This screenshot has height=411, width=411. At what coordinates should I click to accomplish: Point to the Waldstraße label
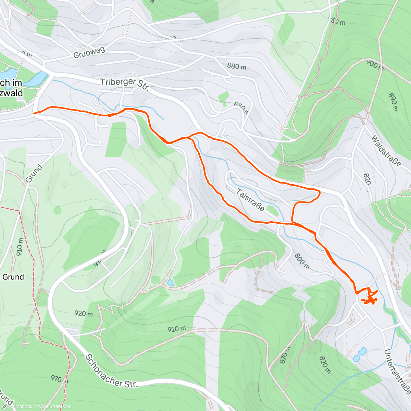coord(386,151)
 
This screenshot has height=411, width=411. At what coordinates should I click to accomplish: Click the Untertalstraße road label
coord(397,372)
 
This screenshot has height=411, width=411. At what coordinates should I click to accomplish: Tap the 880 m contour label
coord(237,66)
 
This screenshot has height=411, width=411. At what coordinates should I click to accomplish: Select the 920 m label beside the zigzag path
coord(84,313)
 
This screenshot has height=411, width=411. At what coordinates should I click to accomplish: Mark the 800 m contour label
coord(302,261)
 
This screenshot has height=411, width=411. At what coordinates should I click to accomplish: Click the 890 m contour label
coord(393,102)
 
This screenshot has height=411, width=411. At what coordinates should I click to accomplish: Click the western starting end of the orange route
coord(33,113)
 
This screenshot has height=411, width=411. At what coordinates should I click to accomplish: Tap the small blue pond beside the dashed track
coord(170,283)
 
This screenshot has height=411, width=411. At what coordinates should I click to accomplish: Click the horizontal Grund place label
coord(13,277)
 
